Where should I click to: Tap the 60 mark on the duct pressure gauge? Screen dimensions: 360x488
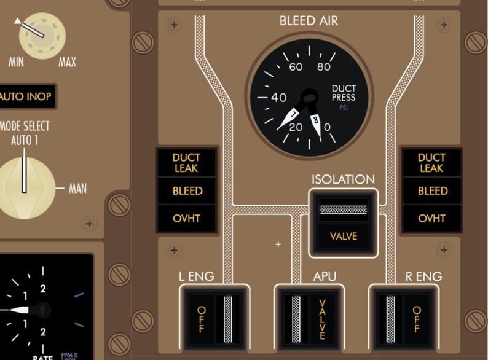[x=296, y=67]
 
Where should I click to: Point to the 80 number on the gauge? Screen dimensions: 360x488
[x=323, y=67]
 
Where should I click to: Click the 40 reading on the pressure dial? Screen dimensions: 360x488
[x=278, y=98]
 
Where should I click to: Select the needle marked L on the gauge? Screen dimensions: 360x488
[x=293, y=114]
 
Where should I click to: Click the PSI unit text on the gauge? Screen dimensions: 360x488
[x=344, y=108]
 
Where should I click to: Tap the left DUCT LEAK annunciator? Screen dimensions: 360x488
[x=187, y=163]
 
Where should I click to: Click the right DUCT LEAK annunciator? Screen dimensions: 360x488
[x=432, y=163]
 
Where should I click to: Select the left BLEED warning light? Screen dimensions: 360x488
[x=187, y=191]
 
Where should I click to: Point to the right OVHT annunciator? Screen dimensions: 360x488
[x=432, y=219]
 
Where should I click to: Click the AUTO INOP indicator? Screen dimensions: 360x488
[x=26, y=96]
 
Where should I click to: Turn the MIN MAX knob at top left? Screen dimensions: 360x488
[x=41, y=36]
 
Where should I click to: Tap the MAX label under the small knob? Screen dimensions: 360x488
[x=67, y=62]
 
